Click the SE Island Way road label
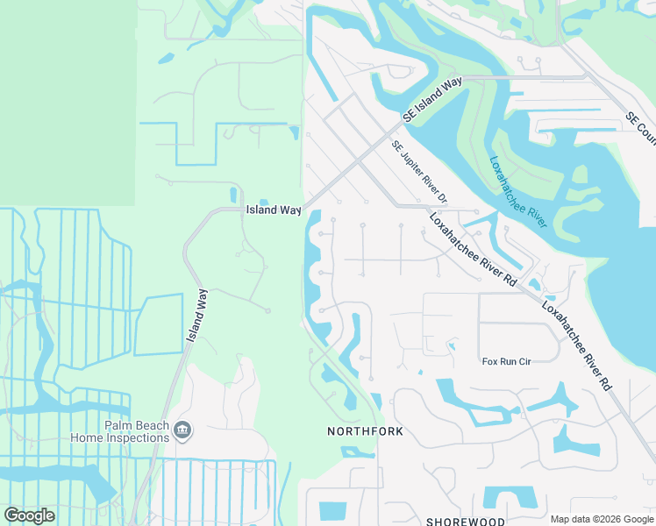coord(432,98)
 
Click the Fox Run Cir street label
coord(508,361)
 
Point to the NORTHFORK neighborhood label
coord(365,431)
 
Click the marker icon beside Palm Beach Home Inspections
coord(183,430)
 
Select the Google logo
coord(29,515)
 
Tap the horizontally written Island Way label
coord(273,210)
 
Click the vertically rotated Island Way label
coord(198,316)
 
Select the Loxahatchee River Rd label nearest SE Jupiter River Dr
coord(472,249)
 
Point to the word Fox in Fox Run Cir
coord(490,361)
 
